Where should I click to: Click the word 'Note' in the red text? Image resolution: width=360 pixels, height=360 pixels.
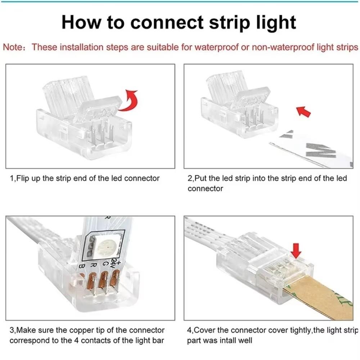(13, 48)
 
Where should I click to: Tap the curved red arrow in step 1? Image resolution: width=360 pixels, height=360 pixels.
(129, 100)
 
